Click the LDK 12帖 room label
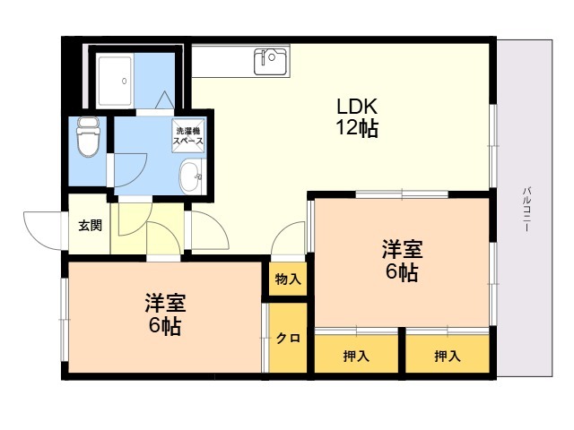point(357,117)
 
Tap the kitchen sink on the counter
point(270,62)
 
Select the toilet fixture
point(88,137)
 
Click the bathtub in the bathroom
point(115,81)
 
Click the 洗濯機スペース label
point(187,135)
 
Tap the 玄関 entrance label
point(90,226)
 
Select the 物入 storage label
point(288,279)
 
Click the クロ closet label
point(288,339)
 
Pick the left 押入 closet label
point(356,356)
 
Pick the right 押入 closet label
point(448,356)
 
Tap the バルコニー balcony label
point(526,209)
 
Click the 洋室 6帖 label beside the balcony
point(402,261)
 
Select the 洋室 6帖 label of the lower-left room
point(165,314)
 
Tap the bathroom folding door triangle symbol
point(164,99)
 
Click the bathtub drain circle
point(125,82)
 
